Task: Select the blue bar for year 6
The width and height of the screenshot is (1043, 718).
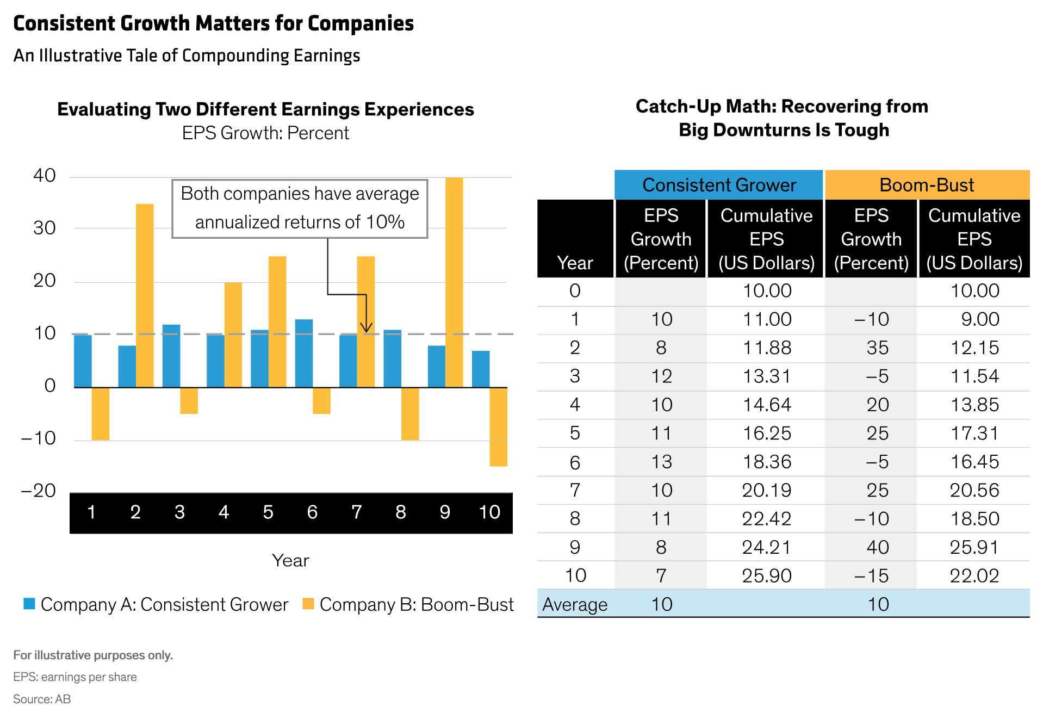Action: [304, 353]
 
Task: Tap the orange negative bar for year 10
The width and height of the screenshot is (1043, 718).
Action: [498, 426]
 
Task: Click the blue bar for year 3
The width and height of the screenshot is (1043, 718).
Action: [171, 356]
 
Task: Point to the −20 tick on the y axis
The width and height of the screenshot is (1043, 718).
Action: [39, 491]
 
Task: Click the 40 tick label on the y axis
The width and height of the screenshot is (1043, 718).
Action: [45, 176]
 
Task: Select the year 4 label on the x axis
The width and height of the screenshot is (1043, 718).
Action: [224, 512]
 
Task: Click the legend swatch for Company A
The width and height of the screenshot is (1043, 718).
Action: [29, 604]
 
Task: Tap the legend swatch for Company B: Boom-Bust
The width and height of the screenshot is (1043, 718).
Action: [308, 604]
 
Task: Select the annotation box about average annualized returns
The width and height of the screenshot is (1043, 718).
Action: [300, 208]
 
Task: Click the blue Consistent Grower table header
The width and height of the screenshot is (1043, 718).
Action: [718, 185]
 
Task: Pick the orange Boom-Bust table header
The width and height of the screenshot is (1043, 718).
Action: [927, 185]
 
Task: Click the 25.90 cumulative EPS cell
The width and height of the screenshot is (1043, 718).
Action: [767, 575]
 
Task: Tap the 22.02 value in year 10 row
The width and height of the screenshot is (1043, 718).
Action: [974, 575]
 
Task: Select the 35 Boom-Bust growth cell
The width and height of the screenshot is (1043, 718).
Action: [878, 348]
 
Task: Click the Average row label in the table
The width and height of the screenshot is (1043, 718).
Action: [575, 604]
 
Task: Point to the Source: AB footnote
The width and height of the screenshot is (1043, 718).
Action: [42, 699]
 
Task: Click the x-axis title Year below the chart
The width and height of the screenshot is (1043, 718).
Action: [290, 560]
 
